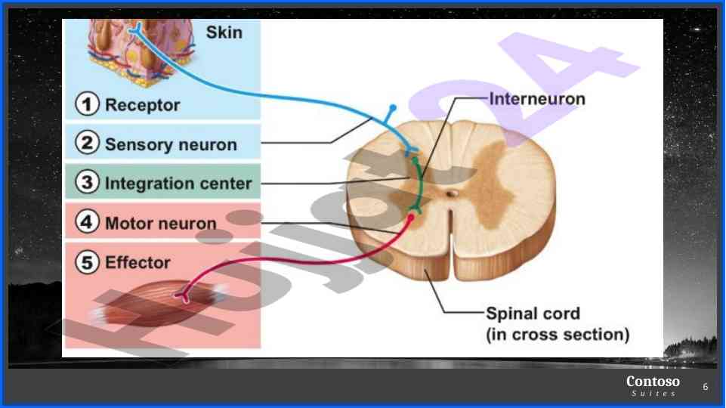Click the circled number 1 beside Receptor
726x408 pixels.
[88, 105]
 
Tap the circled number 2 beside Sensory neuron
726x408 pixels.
[88, 144]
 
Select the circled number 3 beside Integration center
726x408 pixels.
[88, 183]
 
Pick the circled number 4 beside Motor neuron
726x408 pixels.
[88, 222]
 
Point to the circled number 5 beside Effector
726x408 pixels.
[88, 262]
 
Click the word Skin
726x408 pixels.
[224, 33]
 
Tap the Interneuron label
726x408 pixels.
[537, 98]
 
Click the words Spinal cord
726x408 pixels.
[533, 314]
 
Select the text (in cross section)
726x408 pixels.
[558, 334]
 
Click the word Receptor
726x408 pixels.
[142, 105]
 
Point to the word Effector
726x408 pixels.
[137, 262]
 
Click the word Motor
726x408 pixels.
[129, 223]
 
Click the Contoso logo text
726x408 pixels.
[653, 382]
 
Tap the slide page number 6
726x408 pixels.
[706, 387]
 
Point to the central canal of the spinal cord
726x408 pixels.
[451, 194]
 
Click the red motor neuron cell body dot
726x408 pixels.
[411, 218]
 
